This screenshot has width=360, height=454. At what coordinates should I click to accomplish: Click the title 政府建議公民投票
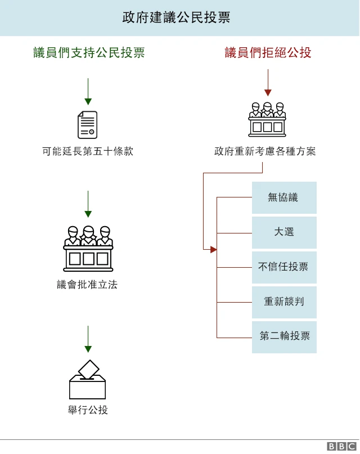point(176,17)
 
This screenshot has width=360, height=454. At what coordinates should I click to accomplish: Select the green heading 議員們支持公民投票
point(89,53)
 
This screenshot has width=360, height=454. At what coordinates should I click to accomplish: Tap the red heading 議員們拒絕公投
point(268,53)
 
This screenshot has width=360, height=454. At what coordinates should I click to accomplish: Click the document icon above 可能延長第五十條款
point(87,125)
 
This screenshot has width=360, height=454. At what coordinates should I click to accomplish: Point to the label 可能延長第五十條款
point(88,151)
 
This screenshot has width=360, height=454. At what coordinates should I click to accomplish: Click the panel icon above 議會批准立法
point(88,248)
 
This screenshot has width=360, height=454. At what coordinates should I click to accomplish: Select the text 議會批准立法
point(87,285)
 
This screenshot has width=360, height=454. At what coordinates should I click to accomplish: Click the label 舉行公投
point(87,410)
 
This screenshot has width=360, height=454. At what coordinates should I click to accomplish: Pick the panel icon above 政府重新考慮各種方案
point(267,119)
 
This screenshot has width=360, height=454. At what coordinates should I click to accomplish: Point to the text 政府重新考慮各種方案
point(265,151)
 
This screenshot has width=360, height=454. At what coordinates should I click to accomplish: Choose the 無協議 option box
point(284,197)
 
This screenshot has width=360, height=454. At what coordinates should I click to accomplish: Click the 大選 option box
point(284,232)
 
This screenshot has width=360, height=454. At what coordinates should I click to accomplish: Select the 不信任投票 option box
point(284,267)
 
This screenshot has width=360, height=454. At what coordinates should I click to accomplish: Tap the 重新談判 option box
point(284,302)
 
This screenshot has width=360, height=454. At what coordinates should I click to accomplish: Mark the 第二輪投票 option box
point(284,337)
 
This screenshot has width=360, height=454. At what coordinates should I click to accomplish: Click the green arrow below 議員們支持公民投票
point(88,91)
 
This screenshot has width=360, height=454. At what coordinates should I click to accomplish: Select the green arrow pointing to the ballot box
point(88,339)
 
